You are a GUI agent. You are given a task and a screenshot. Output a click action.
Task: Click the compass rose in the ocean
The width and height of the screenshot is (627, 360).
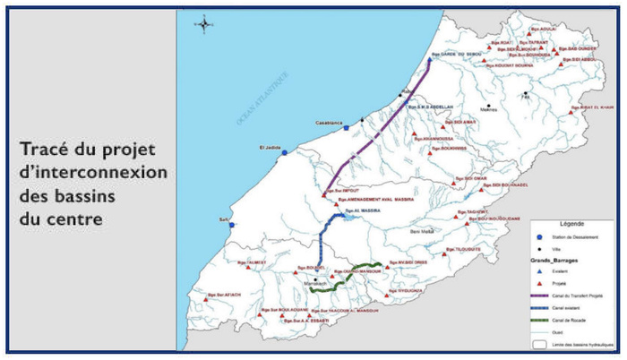pos(205,24)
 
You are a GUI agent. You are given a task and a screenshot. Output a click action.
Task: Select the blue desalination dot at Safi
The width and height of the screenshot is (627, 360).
pos(231,225)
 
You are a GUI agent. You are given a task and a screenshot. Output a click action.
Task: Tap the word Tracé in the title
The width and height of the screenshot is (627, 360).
pos(43,149)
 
